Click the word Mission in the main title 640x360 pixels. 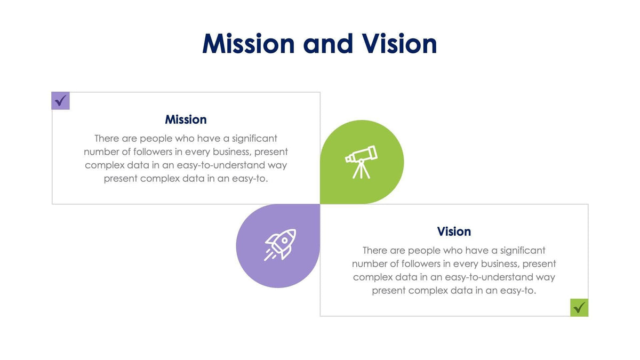pos(248,44)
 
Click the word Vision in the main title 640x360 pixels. pos(399,44)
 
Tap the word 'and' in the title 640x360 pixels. pos(327,44)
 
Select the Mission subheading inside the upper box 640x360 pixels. pos(186,119)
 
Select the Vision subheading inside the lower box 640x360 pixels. pos(454,231)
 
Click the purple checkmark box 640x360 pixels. pos(60,100)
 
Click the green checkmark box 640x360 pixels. pos(579,307)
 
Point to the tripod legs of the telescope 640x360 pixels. pos(361,170)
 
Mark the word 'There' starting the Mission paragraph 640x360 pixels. pos(107,139)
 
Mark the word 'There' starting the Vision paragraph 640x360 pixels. pos(375,251)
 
